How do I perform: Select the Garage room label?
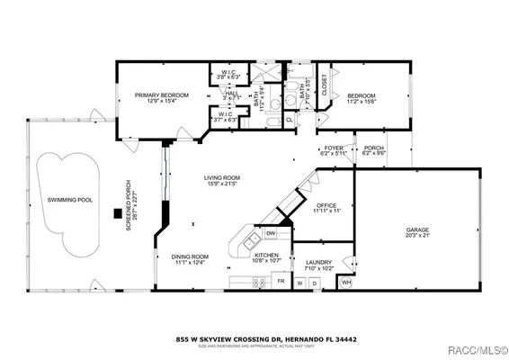pyautogui.click(x=416, y=229)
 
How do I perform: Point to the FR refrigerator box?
pyautogui.click(x=281, y=282)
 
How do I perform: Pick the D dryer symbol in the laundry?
pyautogui.click(x=316, y=283)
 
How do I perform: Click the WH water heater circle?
pyautogui.click(x=347, y=283)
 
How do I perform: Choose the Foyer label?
pyautogui.click(x=334, y=148)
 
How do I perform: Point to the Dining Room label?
pyautogui.click(x=190, y=257)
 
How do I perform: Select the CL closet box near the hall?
pyautogui.click(x=289, y=118)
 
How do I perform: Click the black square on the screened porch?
pyautogui.click(x=117, y=213)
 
